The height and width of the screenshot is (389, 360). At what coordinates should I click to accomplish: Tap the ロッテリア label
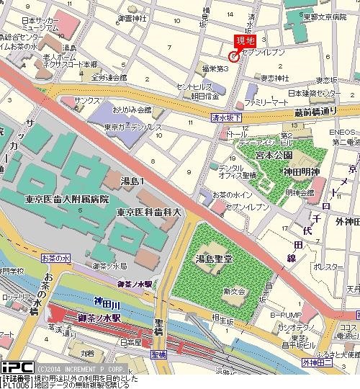coord(14,296)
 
